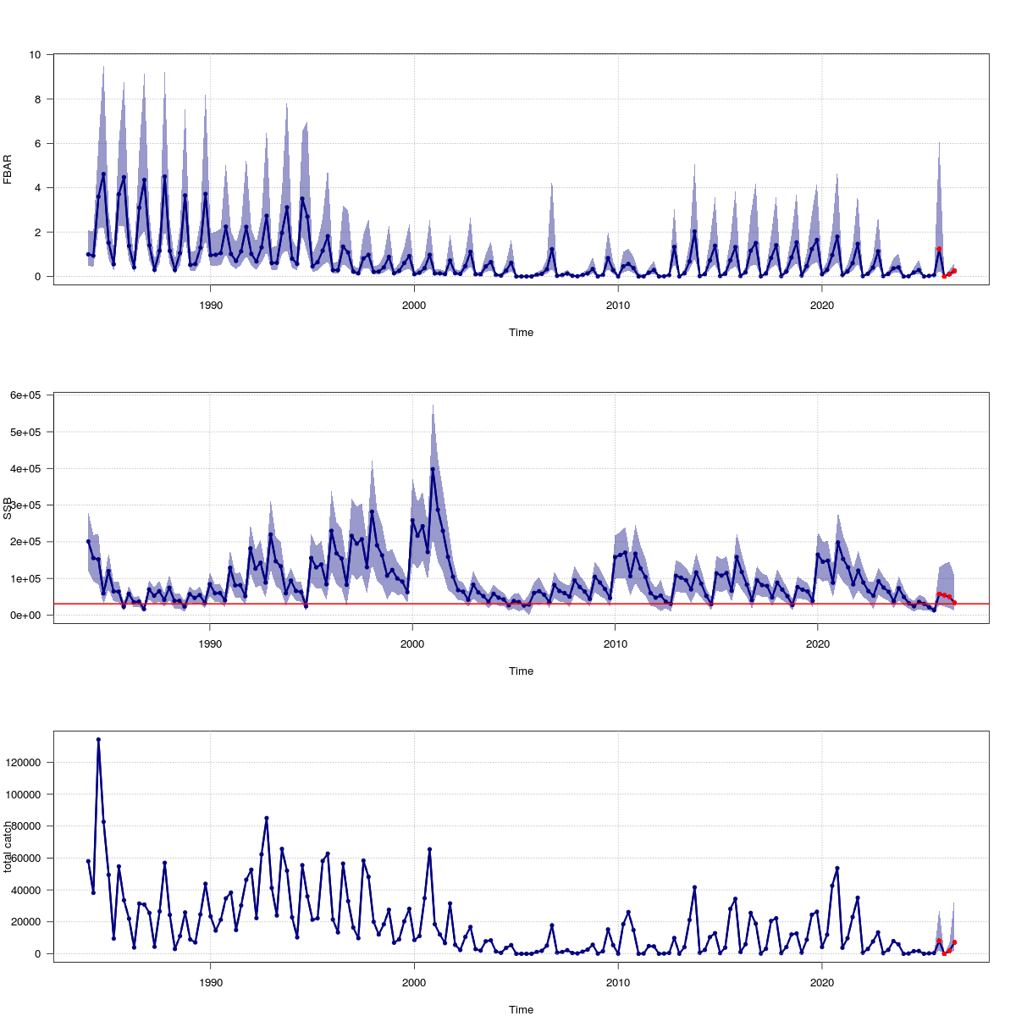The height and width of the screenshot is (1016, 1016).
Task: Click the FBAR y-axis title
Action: tap(8, 168)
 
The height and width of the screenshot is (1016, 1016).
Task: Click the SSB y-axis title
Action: tap(8, 508)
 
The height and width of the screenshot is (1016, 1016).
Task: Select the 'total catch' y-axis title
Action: tap(8, 847)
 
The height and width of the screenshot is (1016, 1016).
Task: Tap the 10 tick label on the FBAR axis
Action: tap(35, 54)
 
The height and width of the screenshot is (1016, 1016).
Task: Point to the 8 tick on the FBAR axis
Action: tap(37, 99)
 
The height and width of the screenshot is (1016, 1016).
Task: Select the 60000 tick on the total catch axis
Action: tap(28, 858)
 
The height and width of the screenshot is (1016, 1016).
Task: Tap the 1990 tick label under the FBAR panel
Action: tap(210, 304)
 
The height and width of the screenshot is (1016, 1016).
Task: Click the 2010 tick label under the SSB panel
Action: tap(616, 643)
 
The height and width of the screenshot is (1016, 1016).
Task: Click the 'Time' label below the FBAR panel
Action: tap(521, 333)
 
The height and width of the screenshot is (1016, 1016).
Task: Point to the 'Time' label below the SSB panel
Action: tap(521, 671)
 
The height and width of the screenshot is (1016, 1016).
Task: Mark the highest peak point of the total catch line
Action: tap(98, 739)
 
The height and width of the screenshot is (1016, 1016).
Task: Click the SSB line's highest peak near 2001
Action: tap(433, 469)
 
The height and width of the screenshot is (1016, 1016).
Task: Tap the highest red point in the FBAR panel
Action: tap(939, 249)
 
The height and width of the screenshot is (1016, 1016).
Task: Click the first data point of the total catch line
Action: tap(88, 861)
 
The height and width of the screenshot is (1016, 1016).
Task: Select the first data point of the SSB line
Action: tap(88, 541)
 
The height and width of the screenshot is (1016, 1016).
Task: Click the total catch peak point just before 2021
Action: tap(837, 868)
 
